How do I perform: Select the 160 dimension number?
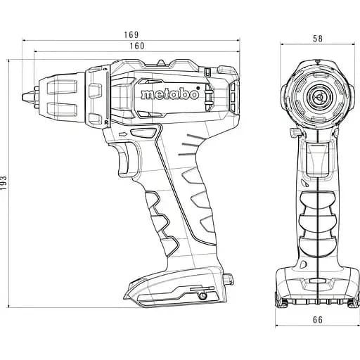[x=138, y=46]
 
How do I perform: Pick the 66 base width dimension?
[x=318, y=321]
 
